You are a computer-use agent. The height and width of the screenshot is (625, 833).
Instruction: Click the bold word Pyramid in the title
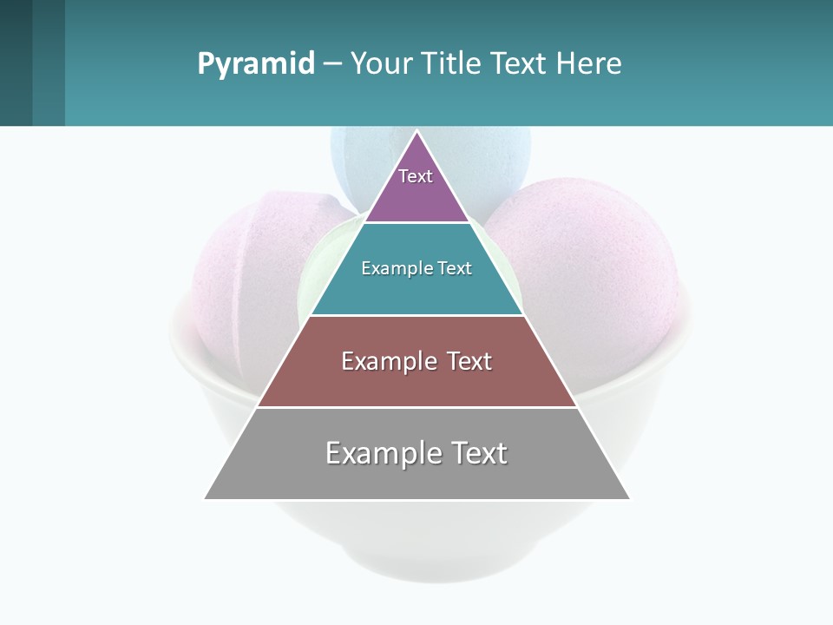tap(256, 63)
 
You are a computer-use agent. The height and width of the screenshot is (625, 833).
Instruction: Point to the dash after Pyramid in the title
tap(332, 64)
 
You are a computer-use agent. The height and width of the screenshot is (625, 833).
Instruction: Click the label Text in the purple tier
tap(416, 176)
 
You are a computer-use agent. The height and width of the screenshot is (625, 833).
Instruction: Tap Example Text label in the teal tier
tap(416, 268)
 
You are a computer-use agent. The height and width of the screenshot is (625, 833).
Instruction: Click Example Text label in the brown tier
tap(416, 361)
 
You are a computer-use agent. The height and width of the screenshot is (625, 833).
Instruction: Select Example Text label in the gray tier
tap(416, 453)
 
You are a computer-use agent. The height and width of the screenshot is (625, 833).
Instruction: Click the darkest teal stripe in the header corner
tap(16, 62)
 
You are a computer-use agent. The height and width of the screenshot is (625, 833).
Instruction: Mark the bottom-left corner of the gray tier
tap(206, 498)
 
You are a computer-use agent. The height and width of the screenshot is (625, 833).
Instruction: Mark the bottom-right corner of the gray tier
tap(629, 498)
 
